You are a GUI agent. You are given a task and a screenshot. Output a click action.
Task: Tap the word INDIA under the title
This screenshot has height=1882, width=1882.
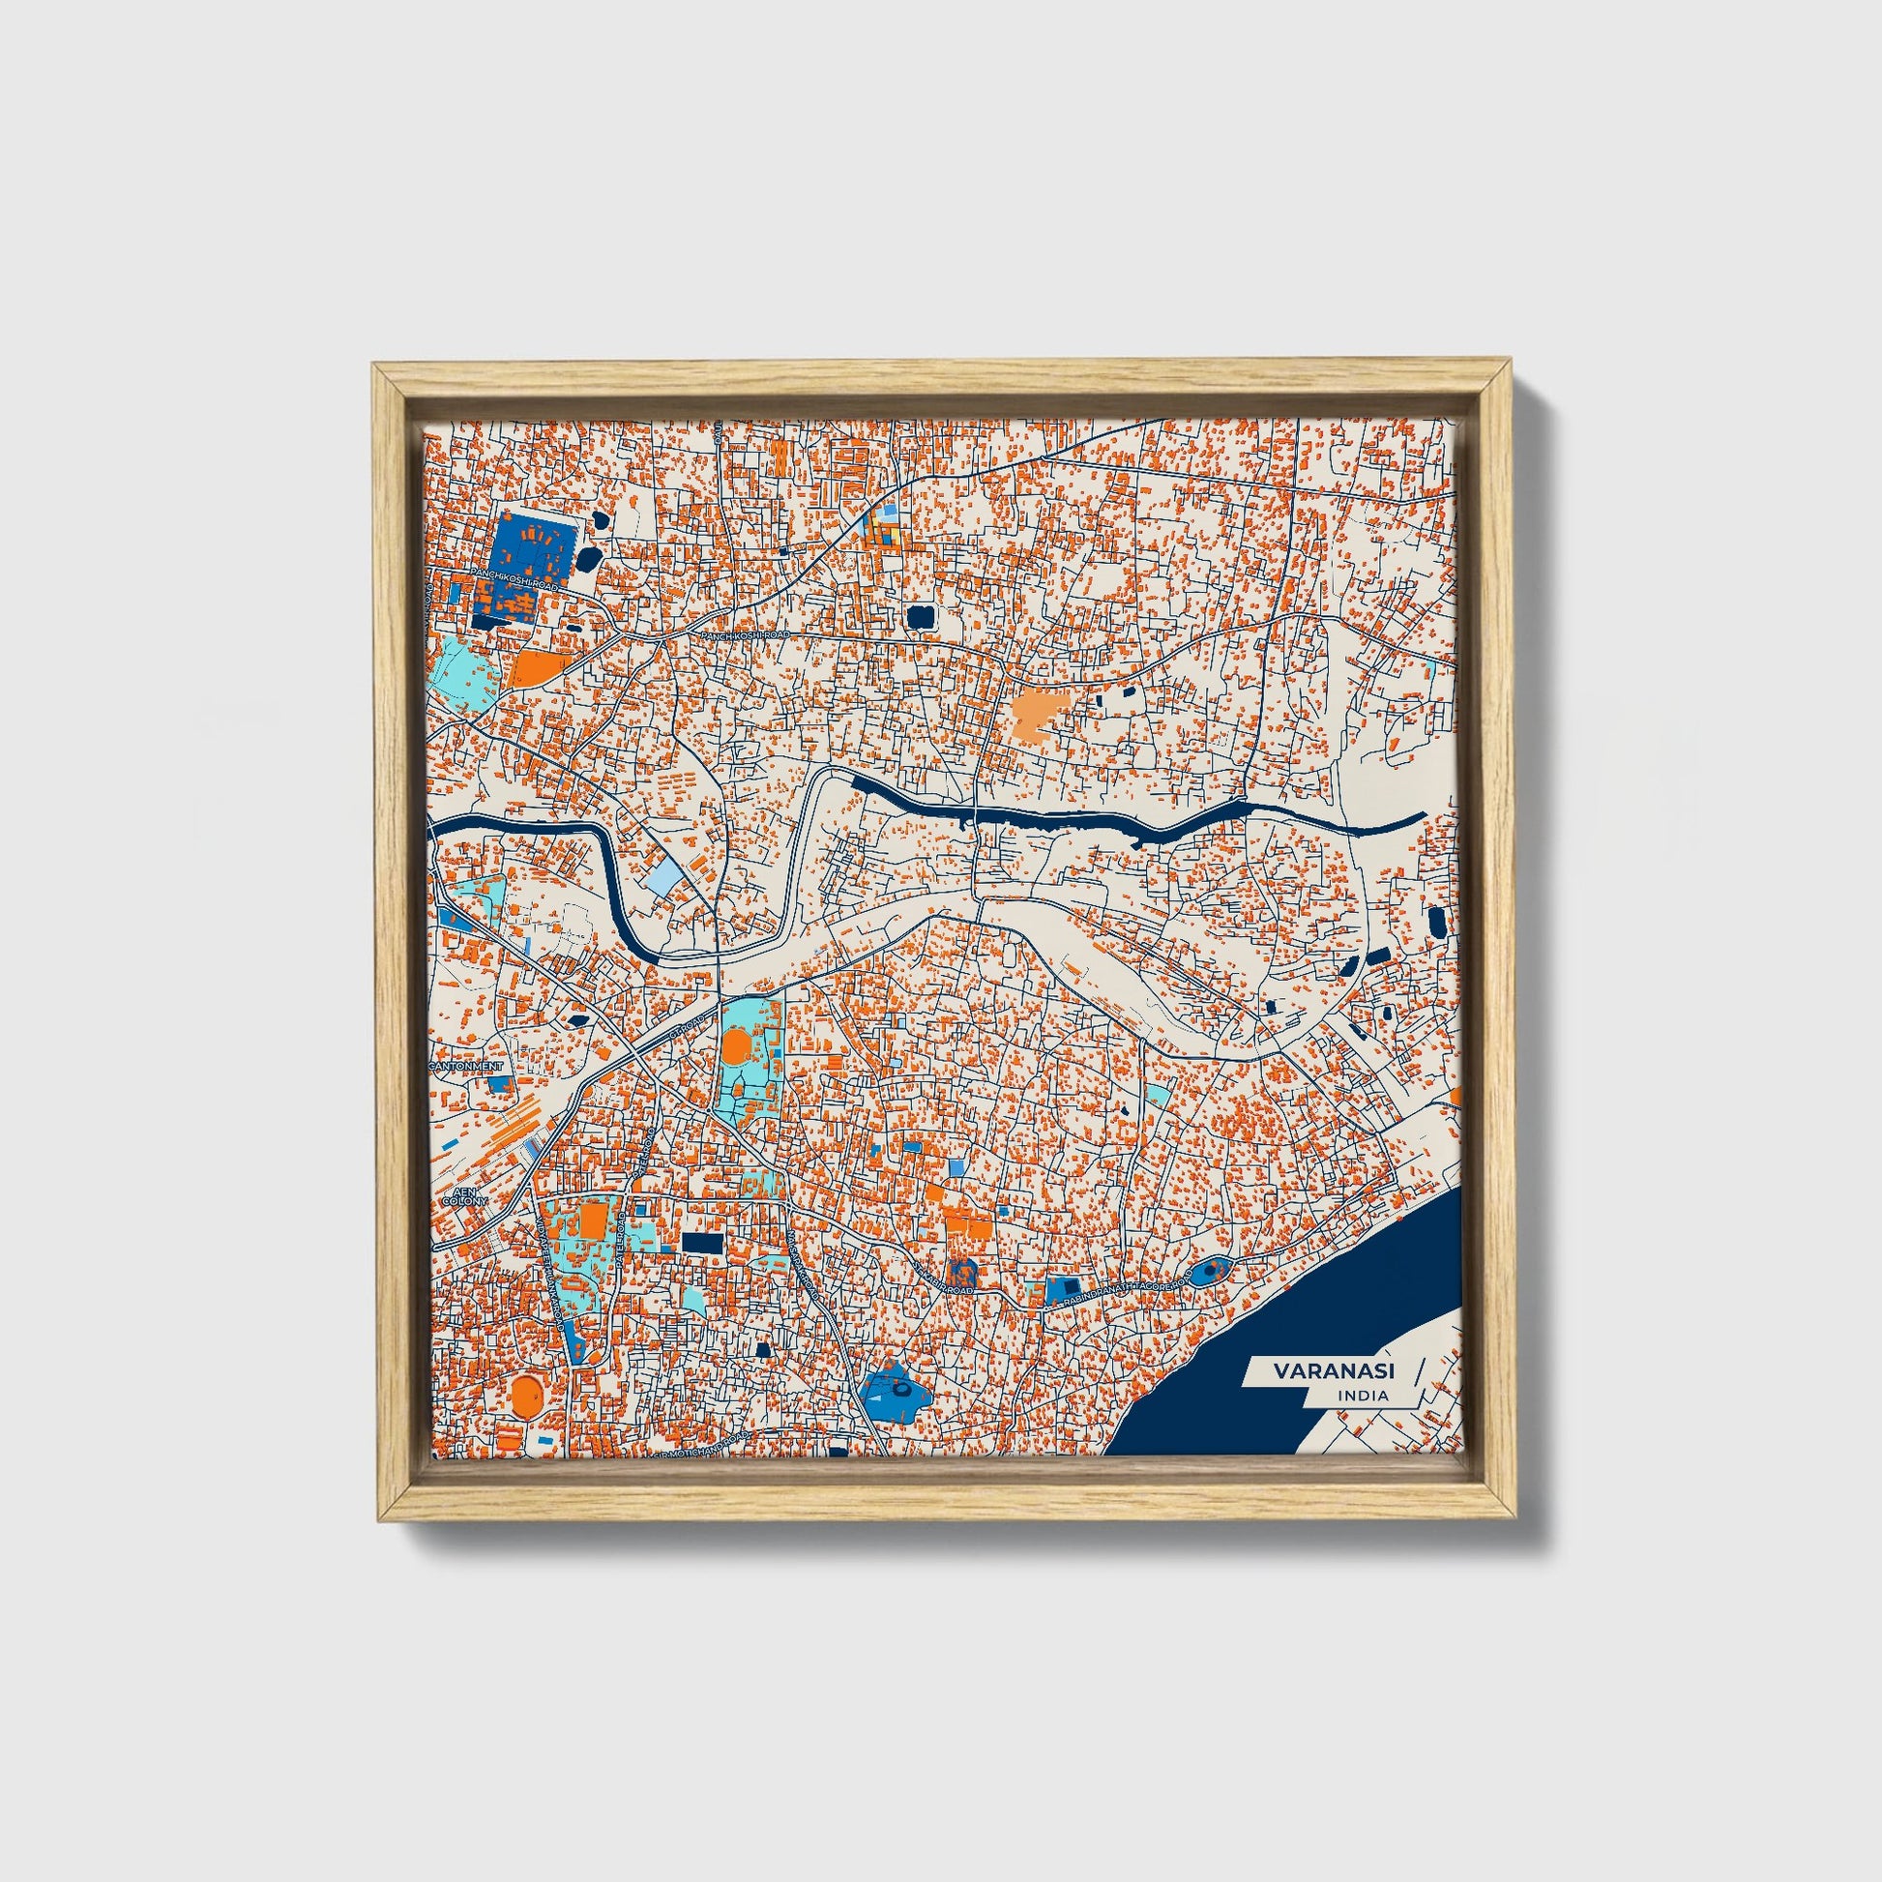coord(1364,1396)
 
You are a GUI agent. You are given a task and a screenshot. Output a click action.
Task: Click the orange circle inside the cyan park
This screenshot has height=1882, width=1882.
coord(736,1049)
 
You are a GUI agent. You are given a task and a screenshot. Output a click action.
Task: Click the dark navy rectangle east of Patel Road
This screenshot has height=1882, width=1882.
coord(702,1243)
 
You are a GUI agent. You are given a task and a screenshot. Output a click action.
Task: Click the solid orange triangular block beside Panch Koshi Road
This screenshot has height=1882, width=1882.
coord(537,668)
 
